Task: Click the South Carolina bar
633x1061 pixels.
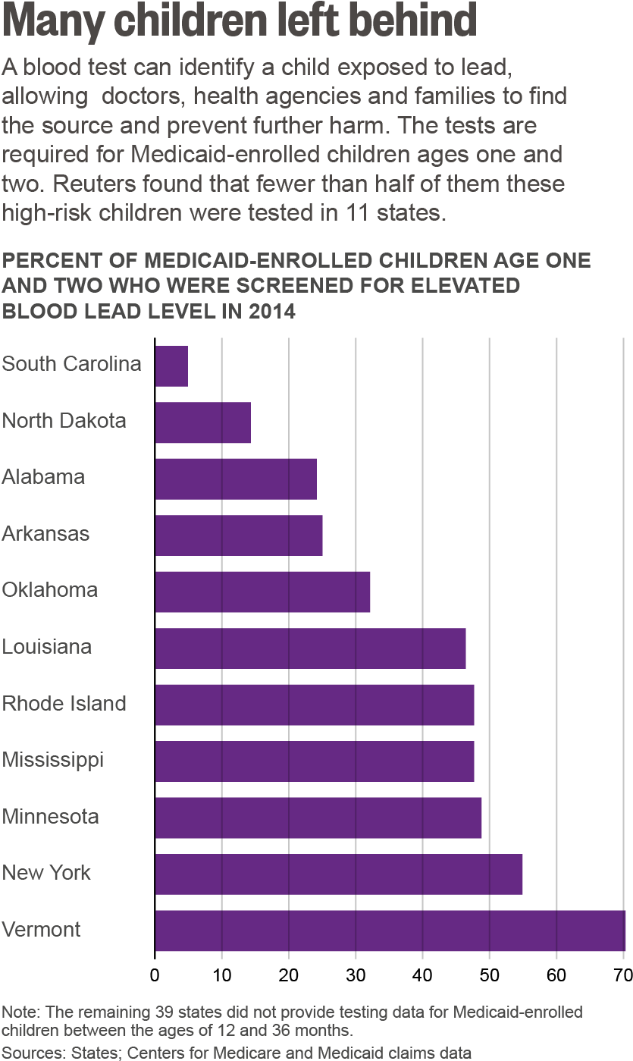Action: (171, 366)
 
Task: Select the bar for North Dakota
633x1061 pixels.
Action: (203, 422)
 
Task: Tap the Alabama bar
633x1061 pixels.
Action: (236, 479)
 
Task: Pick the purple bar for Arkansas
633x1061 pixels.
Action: (239, 535)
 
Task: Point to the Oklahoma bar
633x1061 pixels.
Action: (263, 592)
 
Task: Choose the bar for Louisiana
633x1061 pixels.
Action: (311, 648)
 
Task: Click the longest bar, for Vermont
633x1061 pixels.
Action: (390, 931)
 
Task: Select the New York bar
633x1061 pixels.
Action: (339, 874)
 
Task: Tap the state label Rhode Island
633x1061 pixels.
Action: (64, 703)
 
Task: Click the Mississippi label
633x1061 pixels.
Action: (52, 760)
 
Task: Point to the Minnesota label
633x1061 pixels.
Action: (50, 817)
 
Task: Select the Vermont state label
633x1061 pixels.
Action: (41, 929)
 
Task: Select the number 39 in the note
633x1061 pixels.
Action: (165, 1012)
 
